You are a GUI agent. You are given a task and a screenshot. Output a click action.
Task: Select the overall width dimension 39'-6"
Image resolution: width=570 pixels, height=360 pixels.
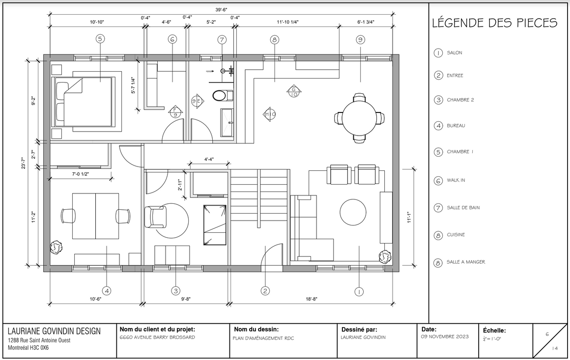coord(221,10)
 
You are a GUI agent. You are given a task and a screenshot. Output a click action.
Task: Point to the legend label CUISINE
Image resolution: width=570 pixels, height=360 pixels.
coord(456,235)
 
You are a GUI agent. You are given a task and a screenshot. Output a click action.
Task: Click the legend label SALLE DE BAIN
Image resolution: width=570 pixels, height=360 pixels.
coord(463,207)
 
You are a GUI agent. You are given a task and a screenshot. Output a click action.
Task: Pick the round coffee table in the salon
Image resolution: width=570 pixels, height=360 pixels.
coord(353,212)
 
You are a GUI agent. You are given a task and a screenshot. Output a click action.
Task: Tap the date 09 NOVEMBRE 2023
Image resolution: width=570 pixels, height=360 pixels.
coord(445,336)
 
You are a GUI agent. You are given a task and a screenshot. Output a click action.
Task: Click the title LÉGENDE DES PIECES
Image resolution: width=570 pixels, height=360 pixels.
coord(494,23)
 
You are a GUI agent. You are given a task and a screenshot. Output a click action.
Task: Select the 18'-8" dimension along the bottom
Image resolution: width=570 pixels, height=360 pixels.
coord(311,299)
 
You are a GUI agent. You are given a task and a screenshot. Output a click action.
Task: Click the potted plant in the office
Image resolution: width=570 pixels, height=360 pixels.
coord(56,248)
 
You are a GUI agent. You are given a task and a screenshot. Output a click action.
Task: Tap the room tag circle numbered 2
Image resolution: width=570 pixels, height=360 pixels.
coord(265,291)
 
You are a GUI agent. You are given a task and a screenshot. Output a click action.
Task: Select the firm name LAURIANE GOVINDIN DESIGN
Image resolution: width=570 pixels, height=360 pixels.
coord(54,331)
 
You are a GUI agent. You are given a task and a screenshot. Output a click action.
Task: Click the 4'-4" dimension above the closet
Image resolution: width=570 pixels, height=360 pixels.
coord(209,159)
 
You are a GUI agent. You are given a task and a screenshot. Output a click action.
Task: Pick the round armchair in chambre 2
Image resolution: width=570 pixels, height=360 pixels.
coord(155,217)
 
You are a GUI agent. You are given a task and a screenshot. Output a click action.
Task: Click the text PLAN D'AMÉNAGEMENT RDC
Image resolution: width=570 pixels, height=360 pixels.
coord(263,338)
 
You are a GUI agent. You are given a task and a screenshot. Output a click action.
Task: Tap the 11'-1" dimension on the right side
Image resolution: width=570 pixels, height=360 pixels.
coord(409,217)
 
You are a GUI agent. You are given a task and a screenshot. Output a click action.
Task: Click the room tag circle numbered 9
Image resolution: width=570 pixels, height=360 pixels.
coord(360,40)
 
